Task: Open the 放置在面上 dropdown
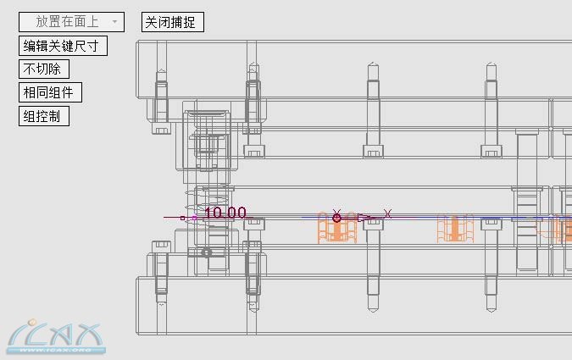[71, 22]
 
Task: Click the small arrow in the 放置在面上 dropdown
[114, 22]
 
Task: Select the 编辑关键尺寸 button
[63, 46]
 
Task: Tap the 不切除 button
[44, 69]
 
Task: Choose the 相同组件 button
[50, 92]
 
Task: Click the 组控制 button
[44, 116]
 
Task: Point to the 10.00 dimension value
[225, 213]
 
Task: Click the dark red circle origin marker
[336, 218]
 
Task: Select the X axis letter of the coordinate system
[387, 213]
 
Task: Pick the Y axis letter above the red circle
[336, 212]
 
